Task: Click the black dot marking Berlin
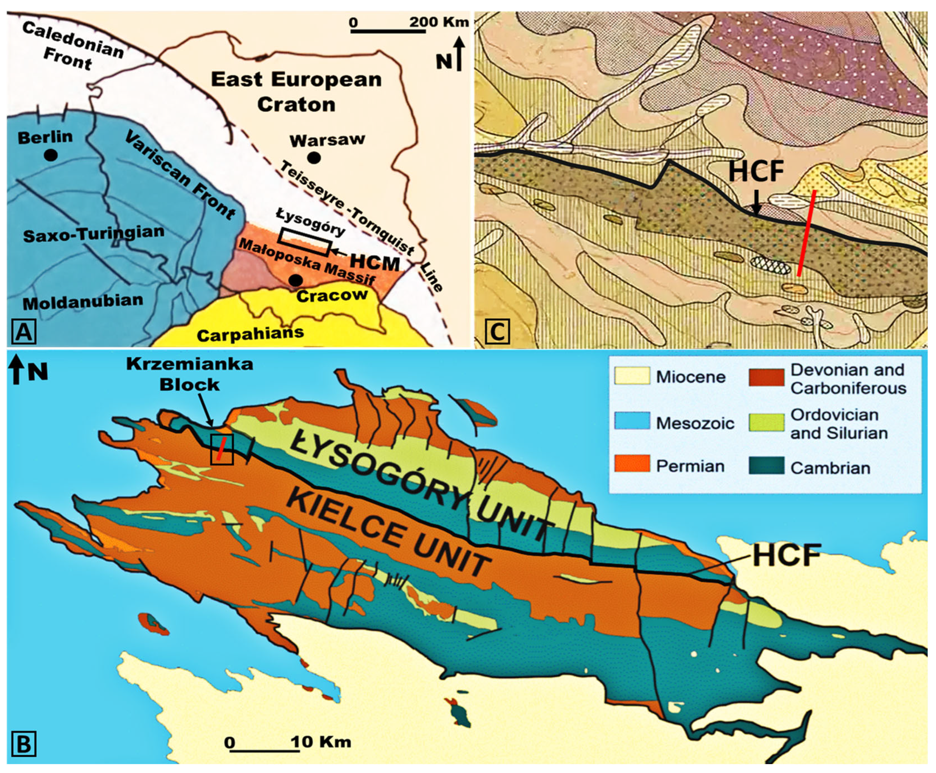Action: [x=51, y=155]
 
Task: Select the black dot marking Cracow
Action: [x=295, y=280]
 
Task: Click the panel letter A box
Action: [x=24, y=332]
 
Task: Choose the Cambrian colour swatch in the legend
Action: [x=766, y=466]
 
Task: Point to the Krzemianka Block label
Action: [x=189, y=374]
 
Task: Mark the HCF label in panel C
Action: [x=756, y=172]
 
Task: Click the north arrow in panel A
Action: [x=459, y=54]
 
